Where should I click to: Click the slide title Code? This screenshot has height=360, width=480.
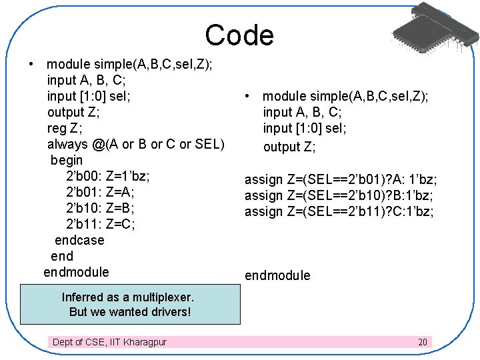click(x=239, y=35)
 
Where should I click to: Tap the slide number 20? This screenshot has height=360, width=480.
click(x=422, y=342)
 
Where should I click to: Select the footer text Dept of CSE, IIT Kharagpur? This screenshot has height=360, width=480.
click(x=109, y=342)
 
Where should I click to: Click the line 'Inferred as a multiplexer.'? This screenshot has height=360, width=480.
click(x=127, y=297)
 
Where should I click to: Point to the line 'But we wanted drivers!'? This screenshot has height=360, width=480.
click(x=130, y=312)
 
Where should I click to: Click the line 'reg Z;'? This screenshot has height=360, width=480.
click(x=65, y=128)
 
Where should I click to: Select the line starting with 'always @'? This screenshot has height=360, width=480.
click(x=136, y=144)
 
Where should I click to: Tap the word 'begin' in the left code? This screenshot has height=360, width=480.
click(x=67, y=160)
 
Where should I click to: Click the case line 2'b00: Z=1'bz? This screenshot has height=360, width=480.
click(x=108, y=176)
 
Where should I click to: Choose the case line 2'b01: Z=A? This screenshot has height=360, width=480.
click(x=100, y=192)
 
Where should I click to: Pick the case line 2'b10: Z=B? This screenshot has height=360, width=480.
click(x=100, y=208)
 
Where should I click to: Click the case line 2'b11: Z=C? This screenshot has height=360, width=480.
click(x=101, y=224)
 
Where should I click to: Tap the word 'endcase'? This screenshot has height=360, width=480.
click(x=79, y=240)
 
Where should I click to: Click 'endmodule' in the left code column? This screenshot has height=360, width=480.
click(x=76, y=272)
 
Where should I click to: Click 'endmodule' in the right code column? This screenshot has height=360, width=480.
click(x=277, y=275)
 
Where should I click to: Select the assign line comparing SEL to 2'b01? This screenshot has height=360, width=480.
click(x=341, y=179)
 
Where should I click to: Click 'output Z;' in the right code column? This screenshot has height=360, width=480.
click(x=289, y=147)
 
